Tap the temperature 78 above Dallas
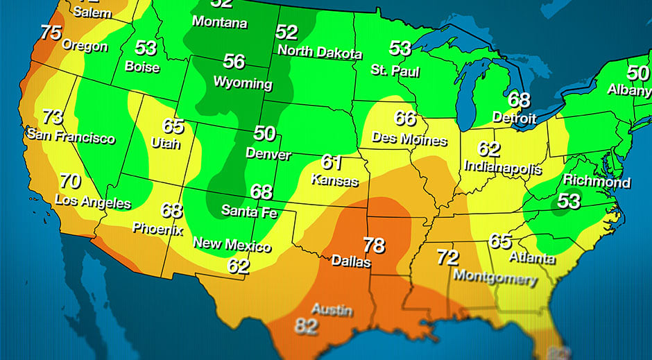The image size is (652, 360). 375,246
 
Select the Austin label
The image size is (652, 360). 332,309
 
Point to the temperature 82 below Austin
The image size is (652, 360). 306,326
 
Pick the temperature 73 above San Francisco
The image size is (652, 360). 53,117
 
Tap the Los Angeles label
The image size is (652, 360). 93,201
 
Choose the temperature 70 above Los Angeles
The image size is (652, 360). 70,182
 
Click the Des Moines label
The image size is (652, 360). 409,138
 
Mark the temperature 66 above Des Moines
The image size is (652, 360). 405,118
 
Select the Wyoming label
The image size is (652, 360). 242,83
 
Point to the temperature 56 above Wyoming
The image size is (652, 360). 234,62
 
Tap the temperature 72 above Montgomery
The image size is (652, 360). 447,258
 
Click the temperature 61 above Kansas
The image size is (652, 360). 332,162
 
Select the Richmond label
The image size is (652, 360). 597,182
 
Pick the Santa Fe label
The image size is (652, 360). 249,210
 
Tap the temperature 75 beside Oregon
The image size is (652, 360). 51,33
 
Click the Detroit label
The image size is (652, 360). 515,117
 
